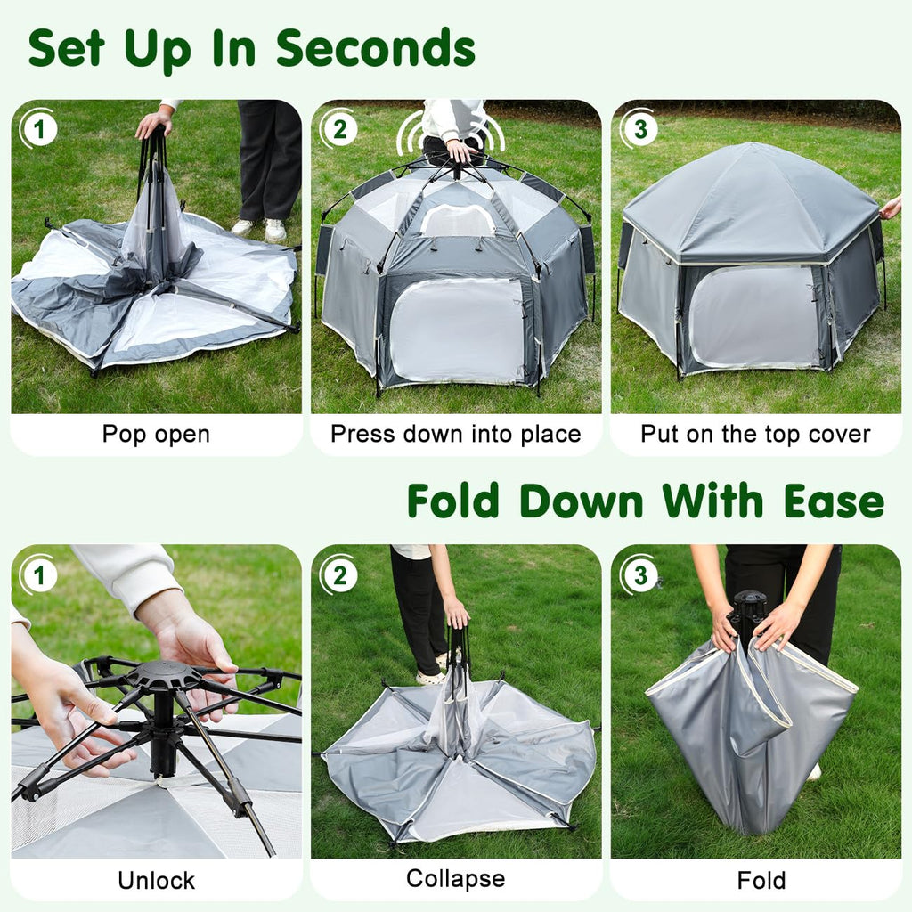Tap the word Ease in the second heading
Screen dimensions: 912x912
pyautogui.click(x=834, y=501)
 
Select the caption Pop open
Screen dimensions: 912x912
pyautogui.click(x=156, y=435)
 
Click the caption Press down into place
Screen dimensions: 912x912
pyautogui.click(x=456, y=434)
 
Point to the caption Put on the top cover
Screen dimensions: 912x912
pyautogui.click(x=755, y=434)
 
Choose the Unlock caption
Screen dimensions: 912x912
pyautogui.click(x=156, y=880)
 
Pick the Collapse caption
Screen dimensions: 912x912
pyautogui.click(x=456, y=879)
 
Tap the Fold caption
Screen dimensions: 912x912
pyautogui.click(x=761, y=880)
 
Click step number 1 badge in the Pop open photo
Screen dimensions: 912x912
pyautogui.click(x=39, y=129)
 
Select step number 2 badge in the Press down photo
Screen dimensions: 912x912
pyautogui.click(x=339, y=129)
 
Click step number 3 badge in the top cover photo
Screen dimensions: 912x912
pyautogui.click(x=639, y=129)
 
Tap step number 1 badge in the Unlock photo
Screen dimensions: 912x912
pyautogui.click(x=39, y=575)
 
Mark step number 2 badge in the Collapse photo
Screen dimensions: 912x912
pyautogui.click(x=339, y=575)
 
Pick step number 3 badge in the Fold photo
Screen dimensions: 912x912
pyautogui.click(x=639, y=575)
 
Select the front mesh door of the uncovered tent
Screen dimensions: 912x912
pyautogui.click(x=458, y=330)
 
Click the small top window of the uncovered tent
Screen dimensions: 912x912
pyautogui.click(x=457, y=220)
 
